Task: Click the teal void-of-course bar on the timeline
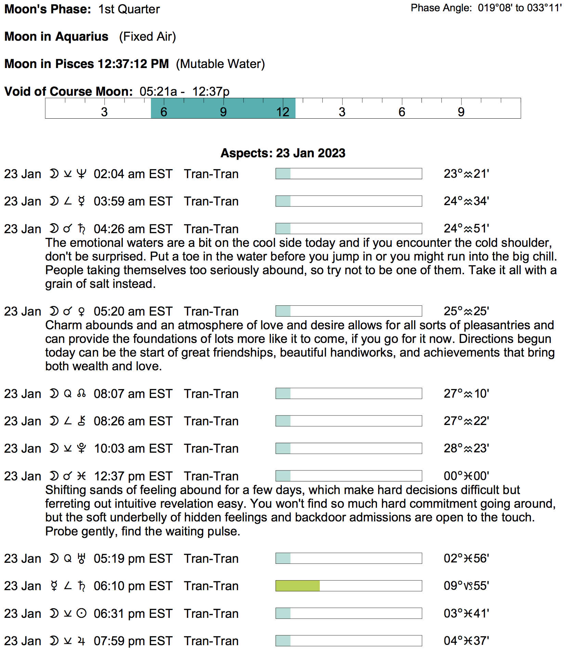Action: click(x=223, y=108)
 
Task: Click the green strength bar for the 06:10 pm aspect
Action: click(x=297, y=586)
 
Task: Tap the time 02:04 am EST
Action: click(x=133, y=174)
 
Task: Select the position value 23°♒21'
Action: click(x=466, y=174)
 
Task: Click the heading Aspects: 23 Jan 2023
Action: click(x=283, y=153)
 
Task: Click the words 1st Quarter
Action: click(x=129, y=9)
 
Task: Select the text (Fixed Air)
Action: click(x=147, y=37)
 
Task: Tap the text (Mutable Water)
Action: click(x=220, y=64)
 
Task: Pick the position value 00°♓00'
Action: click(x=466, y=476)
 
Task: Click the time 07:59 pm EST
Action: click(x=133, y=641)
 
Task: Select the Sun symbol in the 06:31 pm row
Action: click(x=81, y=614)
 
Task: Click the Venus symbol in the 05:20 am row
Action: click(x=81, y=311)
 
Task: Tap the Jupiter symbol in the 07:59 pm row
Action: click(x=81, y=641)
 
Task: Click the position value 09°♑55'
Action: click(x=466, y=586)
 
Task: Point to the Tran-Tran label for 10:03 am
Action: click(x=211, y=449)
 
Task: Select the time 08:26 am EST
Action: click(x=133, y=421)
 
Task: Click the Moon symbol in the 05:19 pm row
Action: click(x=54, y=559)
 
